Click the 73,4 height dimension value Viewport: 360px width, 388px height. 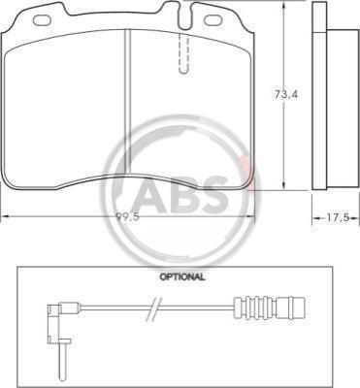click(286, 94)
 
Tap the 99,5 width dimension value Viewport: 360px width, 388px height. click(128, 217)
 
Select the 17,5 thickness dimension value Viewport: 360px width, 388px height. click(337, 218)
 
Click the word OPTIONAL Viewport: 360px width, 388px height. click(182, 276)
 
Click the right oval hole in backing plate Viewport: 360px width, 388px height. click(212, 19)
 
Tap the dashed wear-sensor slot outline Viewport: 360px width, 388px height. click(183, 53)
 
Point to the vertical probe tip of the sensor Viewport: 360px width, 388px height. click(61, 360)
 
